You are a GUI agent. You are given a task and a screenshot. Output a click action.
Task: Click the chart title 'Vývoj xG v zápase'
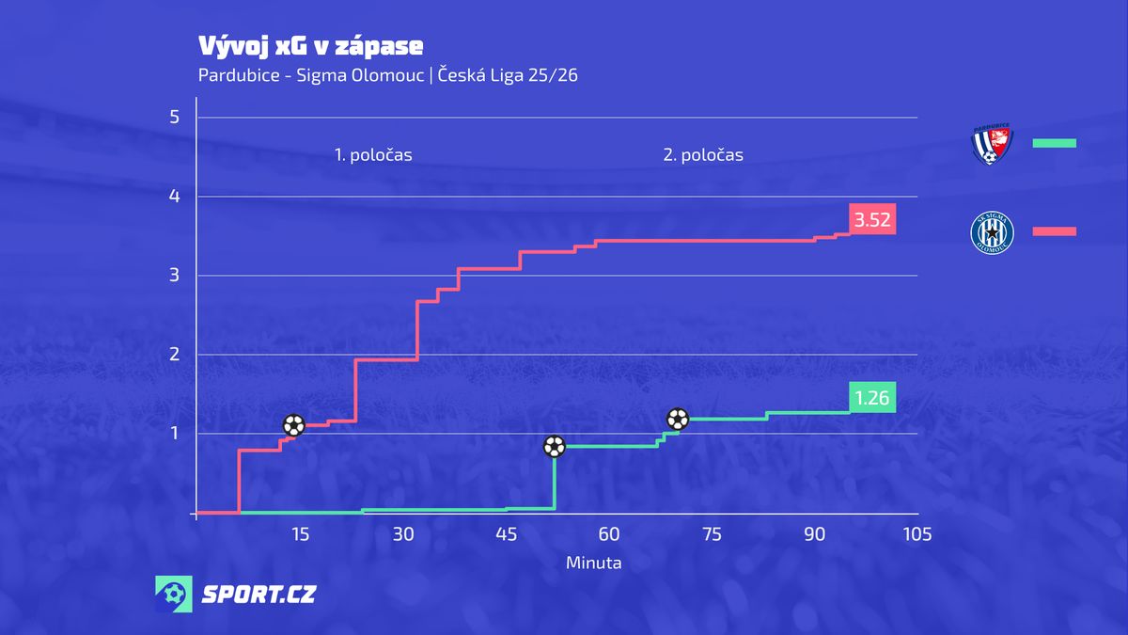(310, 46)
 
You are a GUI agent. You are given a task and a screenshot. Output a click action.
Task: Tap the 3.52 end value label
(871, 220)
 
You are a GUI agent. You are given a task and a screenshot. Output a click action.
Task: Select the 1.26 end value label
(871, 399)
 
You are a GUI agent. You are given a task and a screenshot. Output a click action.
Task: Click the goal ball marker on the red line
(294, 425)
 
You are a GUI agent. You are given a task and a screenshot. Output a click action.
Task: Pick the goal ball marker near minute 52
(555, 446)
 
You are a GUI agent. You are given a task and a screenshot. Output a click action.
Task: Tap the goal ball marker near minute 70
(677, 420)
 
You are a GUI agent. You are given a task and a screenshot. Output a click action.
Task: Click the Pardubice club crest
(991, 143)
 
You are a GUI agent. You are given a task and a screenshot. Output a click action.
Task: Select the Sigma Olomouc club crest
(991, 231)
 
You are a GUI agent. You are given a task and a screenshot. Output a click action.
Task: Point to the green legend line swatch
(1054, 143)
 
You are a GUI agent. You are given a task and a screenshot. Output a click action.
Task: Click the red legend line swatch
(1054, 231)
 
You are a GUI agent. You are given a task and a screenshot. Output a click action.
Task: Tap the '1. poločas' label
(373, 155)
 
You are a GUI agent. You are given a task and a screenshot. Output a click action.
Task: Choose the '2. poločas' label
(703, 155)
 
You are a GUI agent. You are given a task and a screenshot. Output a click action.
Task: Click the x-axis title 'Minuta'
(593, 563)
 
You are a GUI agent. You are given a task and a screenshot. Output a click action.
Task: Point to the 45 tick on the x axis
(506, 534)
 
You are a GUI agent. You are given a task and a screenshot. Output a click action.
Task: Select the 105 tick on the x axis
(916, 534)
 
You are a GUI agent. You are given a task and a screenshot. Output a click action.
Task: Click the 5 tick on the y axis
(173, 118)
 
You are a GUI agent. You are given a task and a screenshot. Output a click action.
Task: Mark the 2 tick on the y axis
(173, 355)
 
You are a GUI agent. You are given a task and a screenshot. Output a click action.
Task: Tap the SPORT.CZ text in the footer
(259, 595)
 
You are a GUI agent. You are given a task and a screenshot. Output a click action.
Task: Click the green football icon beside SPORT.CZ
(174, 595)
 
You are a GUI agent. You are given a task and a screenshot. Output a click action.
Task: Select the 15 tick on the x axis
(300, 534)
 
